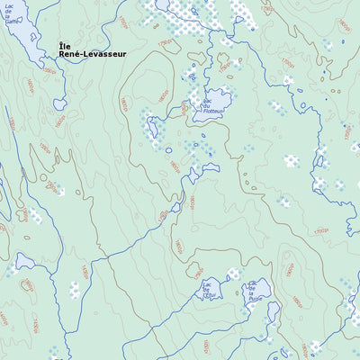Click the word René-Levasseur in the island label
click(93, 54)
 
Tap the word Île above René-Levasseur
click(64, 45)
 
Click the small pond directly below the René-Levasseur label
click(59, 104)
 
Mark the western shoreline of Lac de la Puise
click(246, 292)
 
